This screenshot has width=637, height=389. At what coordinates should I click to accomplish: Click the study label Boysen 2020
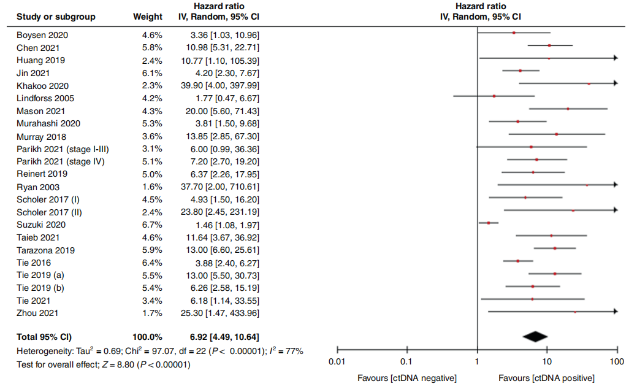pos(42,35)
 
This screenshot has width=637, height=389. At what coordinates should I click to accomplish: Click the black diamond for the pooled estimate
pos(535,336)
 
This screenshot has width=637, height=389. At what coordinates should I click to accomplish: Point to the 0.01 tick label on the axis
pos(337,362)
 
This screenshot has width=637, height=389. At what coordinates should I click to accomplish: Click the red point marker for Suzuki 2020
pos(489,223)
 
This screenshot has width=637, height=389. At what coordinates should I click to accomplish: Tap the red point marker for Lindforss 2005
pos(494,96)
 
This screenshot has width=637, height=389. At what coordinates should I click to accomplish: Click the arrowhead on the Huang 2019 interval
pos(615,58)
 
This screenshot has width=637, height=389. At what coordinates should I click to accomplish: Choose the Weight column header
pos(148,17)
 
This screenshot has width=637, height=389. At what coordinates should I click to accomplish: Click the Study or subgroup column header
pos(56,17)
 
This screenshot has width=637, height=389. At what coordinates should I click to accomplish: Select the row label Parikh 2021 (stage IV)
pos(61,161)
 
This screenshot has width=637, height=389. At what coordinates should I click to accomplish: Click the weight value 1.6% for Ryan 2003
pos(152,187)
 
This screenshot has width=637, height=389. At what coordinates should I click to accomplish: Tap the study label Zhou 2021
pos(37,313)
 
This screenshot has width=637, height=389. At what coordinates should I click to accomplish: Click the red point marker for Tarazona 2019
pos(555,248)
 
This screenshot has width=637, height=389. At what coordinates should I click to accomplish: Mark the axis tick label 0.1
pos(406,362)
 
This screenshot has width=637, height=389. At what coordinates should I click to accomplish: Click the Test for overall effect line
pos(104,364)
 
